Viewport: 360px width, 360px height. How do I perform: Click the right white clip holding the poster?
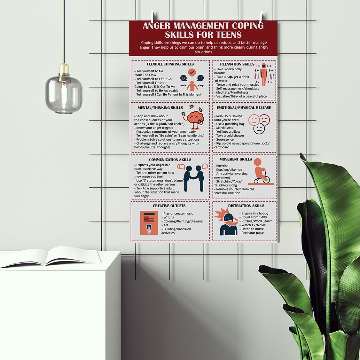[x=261, y=17]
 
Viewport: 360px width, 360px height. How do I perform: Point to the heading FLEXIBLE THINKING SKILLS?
[x=170, y=64]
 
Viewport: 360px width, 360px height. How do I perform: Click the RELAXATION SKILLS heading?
[x=237, y=64]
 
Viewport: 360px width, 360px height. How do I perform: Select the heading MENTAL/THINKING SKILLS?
[x=160, y=108]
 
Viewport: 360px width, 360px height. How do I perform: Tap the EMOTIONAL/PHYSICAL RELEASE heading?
[x=244, y=108]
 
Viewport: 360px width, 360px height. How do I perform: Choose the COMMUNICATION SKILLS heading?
[x=170, y=160]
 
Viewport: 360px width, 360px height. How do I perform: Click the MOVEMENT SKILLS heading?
[x=236, y=159]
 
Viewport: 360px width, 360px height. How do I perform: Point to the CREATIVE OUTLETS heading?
[x=169, y=206]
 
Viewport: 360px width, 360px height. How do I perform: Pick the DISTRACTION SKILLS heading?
[x=246, y=206]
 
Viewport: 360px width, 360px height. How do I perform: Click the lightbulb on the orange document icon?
[x=149, y=229]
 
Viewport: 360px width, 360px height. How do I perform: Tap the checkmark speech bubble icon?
[x=192, y=73]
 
